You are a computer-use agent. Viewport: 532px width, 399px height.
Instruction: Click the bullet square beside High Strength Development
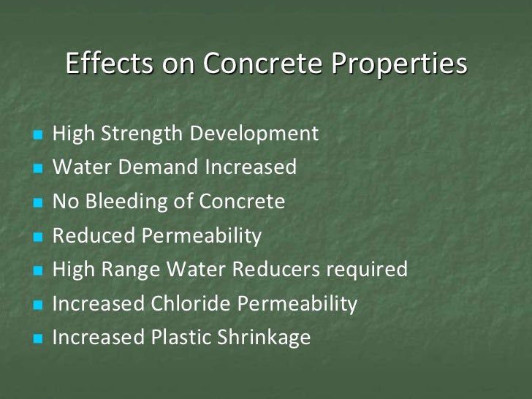coord(39,135)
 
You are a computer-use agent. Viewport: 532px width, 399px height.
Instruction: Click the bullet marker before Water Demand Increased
coord(39,169)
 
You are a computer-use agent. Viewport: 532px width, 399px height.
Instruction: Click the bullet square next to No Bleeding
coord(39,203)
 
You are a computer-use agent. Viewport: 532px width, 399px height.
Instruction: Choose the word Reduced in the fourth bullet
coord(94,236)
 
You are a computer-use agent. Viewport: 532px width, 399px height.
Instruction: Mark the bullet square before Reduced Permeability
coord(39,237)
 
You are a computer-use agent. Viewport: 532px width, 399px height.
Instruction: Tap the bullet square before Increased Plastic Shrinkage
coord(39,339)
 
